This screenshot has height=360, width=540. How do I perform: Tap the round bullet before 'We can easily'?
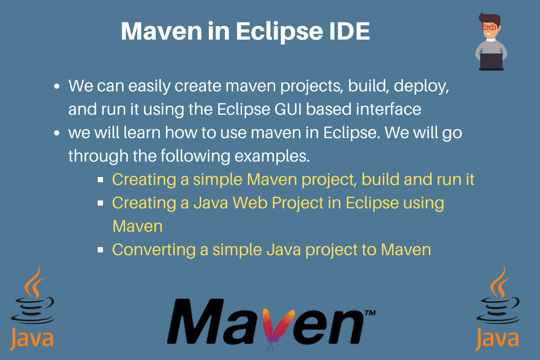[x=57, y=85]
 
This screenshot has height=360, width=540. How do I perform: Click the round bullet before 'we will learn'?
[x=57, y=134]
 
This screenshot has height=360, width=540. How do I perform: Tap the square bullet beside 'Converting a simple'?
[x=100, y=249]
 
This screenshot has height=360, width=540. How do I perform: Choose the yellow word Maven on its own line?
[x=137, y=226]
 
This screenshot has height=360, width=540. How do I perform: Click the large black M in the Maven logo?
[x=195, y=322]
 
